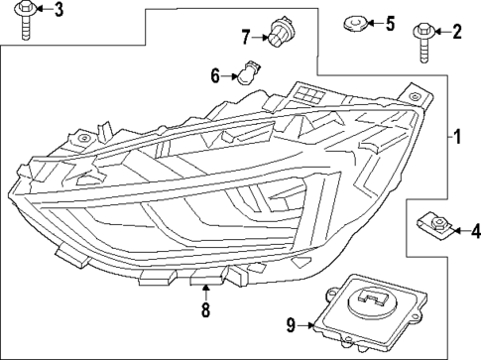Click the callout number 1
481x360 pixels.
[x=457, y=137]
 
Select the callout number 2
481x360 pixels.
[x=457, y=32]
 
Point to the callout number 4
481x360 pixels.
[x=475, y=232]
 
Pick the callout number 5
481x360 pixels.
[x=390, y=22]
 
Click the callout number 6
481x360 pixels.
[x=215, y=74]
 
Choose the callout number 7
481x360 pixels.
[x=246, y=38]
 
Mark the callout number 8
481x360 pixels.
[x=205, y=310]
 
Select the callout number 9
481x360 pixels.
[x=291, y=322]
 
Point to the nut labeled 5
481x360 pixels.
[x=353, y=22]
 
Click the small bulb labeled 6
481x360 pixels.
[x=244, y=73]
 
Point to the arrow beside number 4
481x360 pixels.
[x=462, y=232]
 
